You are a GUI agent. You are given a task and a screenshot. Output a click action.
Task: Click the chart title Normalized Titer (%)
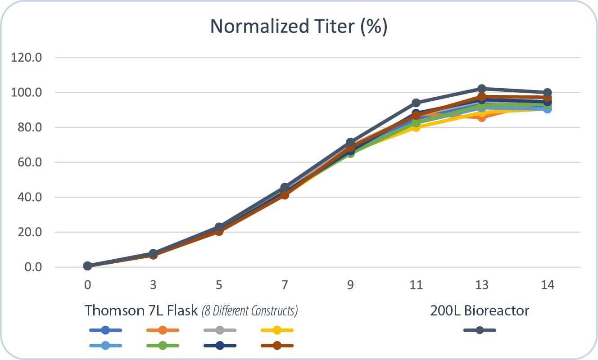pyautogui.click(x=299, y=27)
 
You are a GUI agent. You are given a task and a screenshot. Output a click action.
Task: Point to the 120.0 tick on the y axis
pyautogui.click(x=29, y=58)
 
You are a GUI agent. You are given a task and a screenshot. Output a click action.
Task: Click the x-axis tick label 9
pyautogui.click(x=350, y=285)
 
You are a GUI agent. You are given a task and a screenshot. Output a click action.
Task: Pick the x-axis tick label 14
pyautogui.click(x=547, y=285)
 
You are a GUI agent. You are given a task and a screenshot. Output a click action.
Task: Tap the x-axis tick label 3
pyautogui.click(x=153, y=285)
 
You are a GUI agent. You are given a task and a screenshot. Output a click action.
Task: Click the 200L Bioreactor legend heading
pyautogui.click(x=480, y=310)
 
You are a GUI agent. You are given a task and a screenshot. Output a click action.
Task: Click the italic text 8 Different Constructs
pyautogui.click(x=249, y=311)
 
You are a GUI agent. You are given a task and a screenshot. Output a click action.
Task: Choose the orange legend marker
pyautogui.click(x=163, y=330)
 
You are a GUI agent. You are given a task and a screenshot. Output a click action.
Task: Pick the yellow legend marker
pyautogui.click(x=277, y=330)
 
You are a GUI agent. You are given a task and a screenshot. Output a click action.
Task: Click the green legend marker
pyautogui.click(x=163, y=346)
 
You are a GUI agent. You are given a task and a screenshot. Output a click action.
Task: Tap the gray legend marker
pyautogui.click(x=220, y=330)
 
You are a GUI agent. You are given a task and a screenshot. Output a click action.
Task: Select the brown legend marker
pyautogui.click(x=277, y=346)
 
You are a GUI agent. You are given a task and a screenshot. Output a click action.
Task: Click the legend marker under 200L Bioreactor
pyautogui.click(x=480, y=330)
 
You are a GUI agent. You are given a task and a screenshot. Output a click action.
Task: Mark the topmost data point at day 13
pyautogui.click(x=482, y=89)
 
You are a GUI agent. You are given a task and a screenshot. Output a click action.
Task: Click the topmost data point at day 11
pyautogui.click(x=416, y=103)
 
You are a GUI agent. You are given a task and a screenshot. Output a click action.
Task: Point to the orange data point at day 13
pyautogui.click(x=482, y=117)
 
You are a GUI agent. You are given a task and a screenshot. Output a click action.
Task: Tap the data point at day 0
pyautogui.click(x=87, y=266)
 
